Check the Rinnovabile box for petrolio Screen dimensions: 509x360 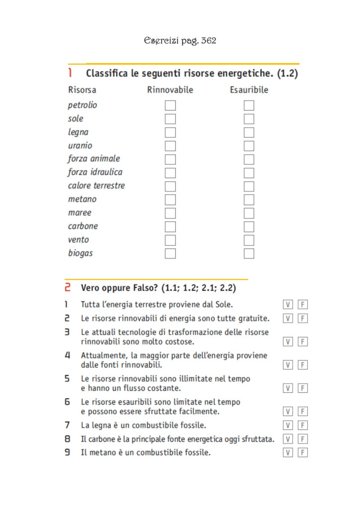171,105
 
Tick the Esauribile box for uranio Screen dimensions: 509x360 249,146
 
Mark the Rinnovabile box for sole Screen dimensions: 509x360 171,119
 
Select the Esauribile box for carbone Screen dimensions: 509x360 249,226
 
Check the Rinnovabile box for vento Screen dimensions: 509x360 171,240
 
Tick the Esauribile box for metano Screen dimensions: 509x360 249,199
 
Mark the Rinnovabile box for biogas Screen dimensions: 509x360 171,253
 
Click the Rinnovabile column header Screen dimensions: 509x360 170,90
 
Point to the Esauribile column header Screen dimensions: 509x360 249,90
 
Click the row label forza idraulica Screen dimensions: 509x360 95,172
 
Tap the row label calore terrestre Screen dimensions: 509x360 96,185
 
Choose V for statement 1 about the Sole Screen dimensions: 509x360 288,304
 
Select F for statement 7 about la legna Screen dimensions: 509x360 302,425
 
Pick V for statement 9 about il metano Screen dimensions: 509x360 288,452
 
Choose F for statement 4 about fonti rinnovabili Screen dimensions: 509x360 302,365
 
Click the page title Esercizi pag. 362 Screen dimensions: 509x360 180,40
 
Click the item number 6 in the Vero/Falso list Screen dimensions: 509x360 67,402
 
